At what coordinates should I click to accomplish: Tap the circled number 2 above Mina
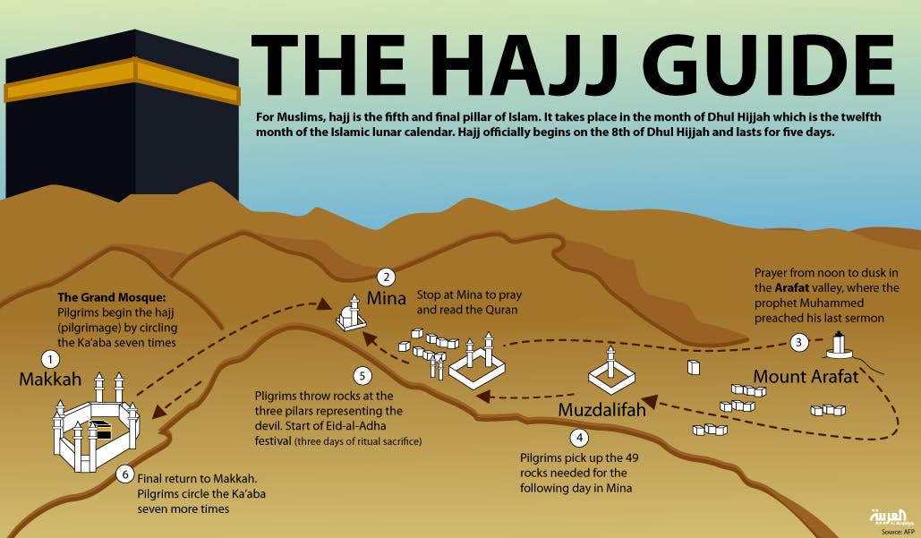pyautogui.click(x=386, y=278)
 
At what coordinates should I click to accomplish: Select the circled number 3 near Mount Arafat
pyautogui.click(x=798, y=341)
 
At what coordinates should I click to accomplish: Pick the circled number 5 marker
pyautogui.click(x=362, y=376)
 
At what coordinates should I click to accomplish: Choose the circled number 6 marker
pyautogui.click(x=124, y=474)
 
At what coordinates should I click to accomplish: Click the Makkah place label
pyautogui.click(x=50, y=380)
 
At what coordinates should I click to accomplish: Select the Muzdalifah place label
pyautogui.click(x=601, y=410)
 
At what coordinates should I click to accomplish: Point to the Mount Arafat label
pyautogui.click(x=806, y=376)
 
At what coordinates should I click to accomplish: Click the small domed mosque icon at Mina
pyautogui.click(x=348, y=315)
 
